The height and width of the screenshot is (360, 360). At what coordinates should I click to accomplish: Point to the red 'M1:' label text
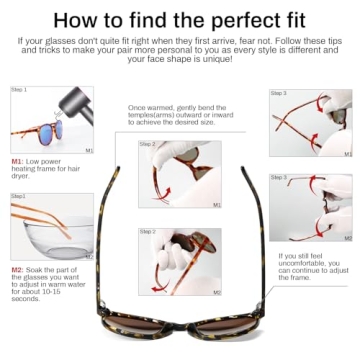(x=17, y=160)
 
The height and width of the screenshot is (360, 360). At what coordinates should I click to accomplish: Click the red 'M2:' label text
(x=17, y=269)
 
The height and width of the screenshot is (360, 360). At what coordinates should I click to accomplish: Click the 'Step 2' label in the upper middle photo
(x=148, y=145)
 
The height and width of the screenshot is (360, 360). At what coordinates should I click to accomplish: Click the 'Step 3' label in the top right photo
(x=280, y=93)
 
